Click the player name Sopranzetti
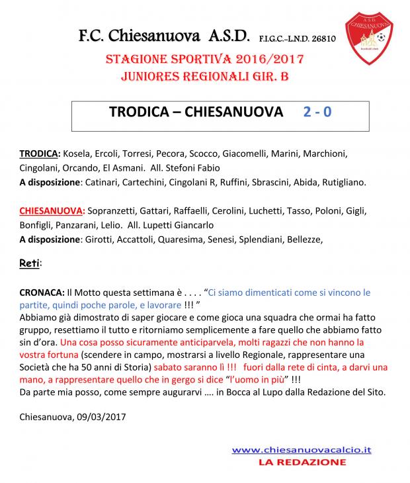pyautogui.click(x=111, y=211)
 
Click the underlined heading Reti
pyautogui.click(x=30, y=263)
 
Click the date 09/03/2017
pyautogui.click(x=99, y=417)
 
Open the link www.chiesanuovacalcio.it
pyautogui.click(x=302, y=449)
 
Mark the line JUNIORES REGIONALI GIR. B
pyautogui.click(x=204, y=77)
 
